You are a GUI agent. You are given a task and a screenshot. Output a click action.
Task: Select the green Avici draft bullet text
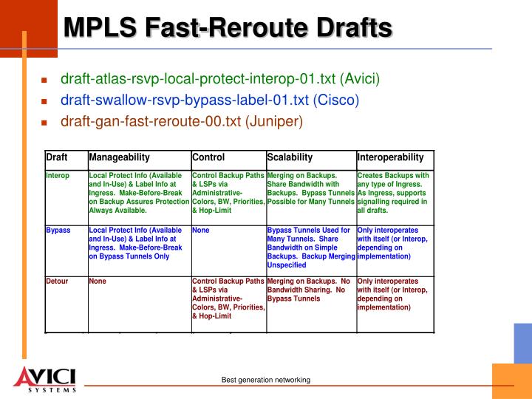point(220,78)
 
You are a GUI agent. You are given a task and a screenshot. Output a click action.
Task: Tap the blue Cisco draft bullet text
point(209,100)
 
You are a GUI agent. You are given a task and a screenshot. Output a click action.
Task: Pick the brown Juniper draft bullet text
point(182,121)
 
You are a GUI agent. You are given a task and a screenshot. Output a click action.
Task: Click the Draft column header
point(57,157)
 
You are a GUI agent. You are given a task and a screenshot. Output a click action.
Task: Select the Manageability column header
point(120,157)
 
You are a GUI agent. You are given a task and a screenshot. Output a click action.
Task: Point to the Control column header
point(208,157)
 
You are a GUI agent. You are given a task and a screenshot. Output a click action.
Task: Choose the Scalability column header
point(290,157)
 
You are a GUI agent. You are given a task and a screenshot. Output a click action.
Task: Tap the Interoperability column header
point(391,157)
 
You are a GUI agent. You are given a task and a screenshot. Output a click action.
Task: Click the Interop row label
point(58,176)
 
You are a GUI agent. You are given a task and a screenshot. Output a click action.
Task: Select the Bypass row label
point(58,231)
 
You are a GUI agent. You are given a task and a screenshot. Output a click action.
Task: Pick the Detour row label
point(57,282)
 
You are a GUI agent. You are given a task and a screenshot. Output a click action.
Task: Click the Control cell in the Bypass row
point(201,231)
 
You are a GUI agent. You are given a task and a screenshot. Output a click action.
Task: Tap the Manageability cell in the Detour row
point(98,282)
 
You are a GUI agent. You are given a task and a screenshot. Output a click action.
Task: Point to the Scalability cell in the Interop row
point(310,188)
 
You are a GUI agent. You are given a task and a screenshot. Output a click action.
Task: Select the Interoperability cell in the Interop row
point(393,193)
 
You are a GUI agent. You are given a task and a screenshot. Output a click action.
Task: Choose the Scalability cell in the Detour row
point(309,290)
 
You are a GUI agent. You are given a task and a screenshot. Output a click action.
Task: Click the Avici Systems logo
point(45,379)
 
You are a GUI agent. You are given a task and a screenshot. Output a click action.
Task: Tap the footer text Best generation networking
point(266,380)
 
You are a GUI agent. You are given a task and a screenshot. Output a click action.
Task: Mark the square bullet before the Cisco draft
point(44,100)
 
